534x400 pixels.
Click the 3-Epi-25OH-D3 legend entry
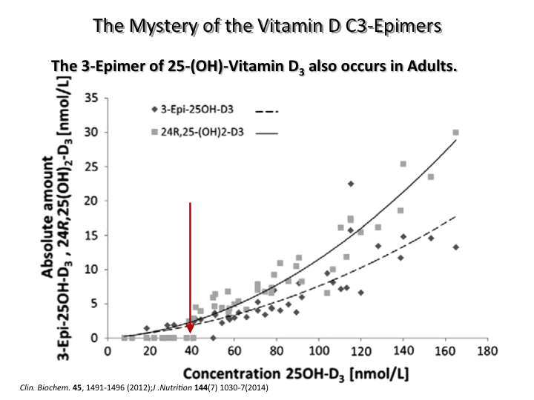191,110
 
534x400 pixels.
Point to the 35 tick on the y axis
93,98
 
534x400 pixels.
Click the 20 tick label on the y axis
93,201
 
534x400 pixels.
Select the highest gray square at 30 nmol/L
455,133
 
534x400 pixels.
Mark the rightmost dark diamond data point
455,247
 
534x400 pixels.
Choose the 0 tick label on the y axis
95,338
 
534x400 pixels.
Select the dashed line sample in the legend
265,111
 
